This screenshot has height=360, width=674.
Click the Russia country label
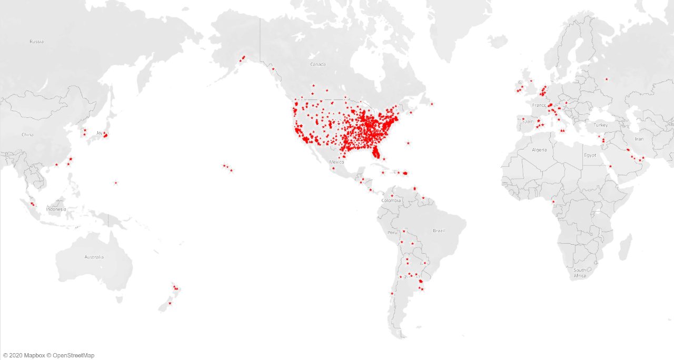(36, 42)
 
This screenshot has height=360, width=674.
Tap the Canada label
(318, 64)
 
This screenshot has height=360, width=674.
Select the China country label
(27, 135)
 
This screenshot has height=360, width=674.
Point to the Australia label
(94, 257)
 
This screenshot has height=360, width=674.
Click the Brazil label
(439, 231)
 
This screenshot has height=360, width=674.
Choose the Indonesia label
(56, 209)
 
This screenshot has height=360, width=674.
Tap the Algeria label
(539, 150)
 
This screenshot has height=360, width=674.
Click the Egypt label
(590, 155)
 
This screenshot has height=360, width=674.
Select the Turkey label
(601, 125)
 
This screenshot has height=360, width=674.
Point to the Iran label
(639, 139)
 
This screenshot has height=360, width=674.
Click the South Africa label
(580, 273)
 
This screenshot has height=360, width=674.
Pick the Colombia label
(391, 201)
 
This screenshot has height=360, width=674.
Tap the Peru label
(393, 232)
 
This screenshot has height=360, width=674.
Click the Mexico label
(336, 162)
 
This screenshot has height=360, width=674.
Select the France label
(539, 105)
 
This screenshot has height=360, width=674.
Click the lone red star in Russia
(607, 79)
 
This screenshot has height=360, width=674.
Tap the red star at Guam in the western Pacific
(116, 183)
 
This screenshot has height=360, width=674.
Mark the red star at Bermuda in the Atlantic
(408, 143)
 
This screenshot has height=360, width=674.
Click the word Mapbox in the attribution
(35, 356)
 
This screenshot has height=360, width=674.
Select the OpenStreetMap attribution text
(73, 356)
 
